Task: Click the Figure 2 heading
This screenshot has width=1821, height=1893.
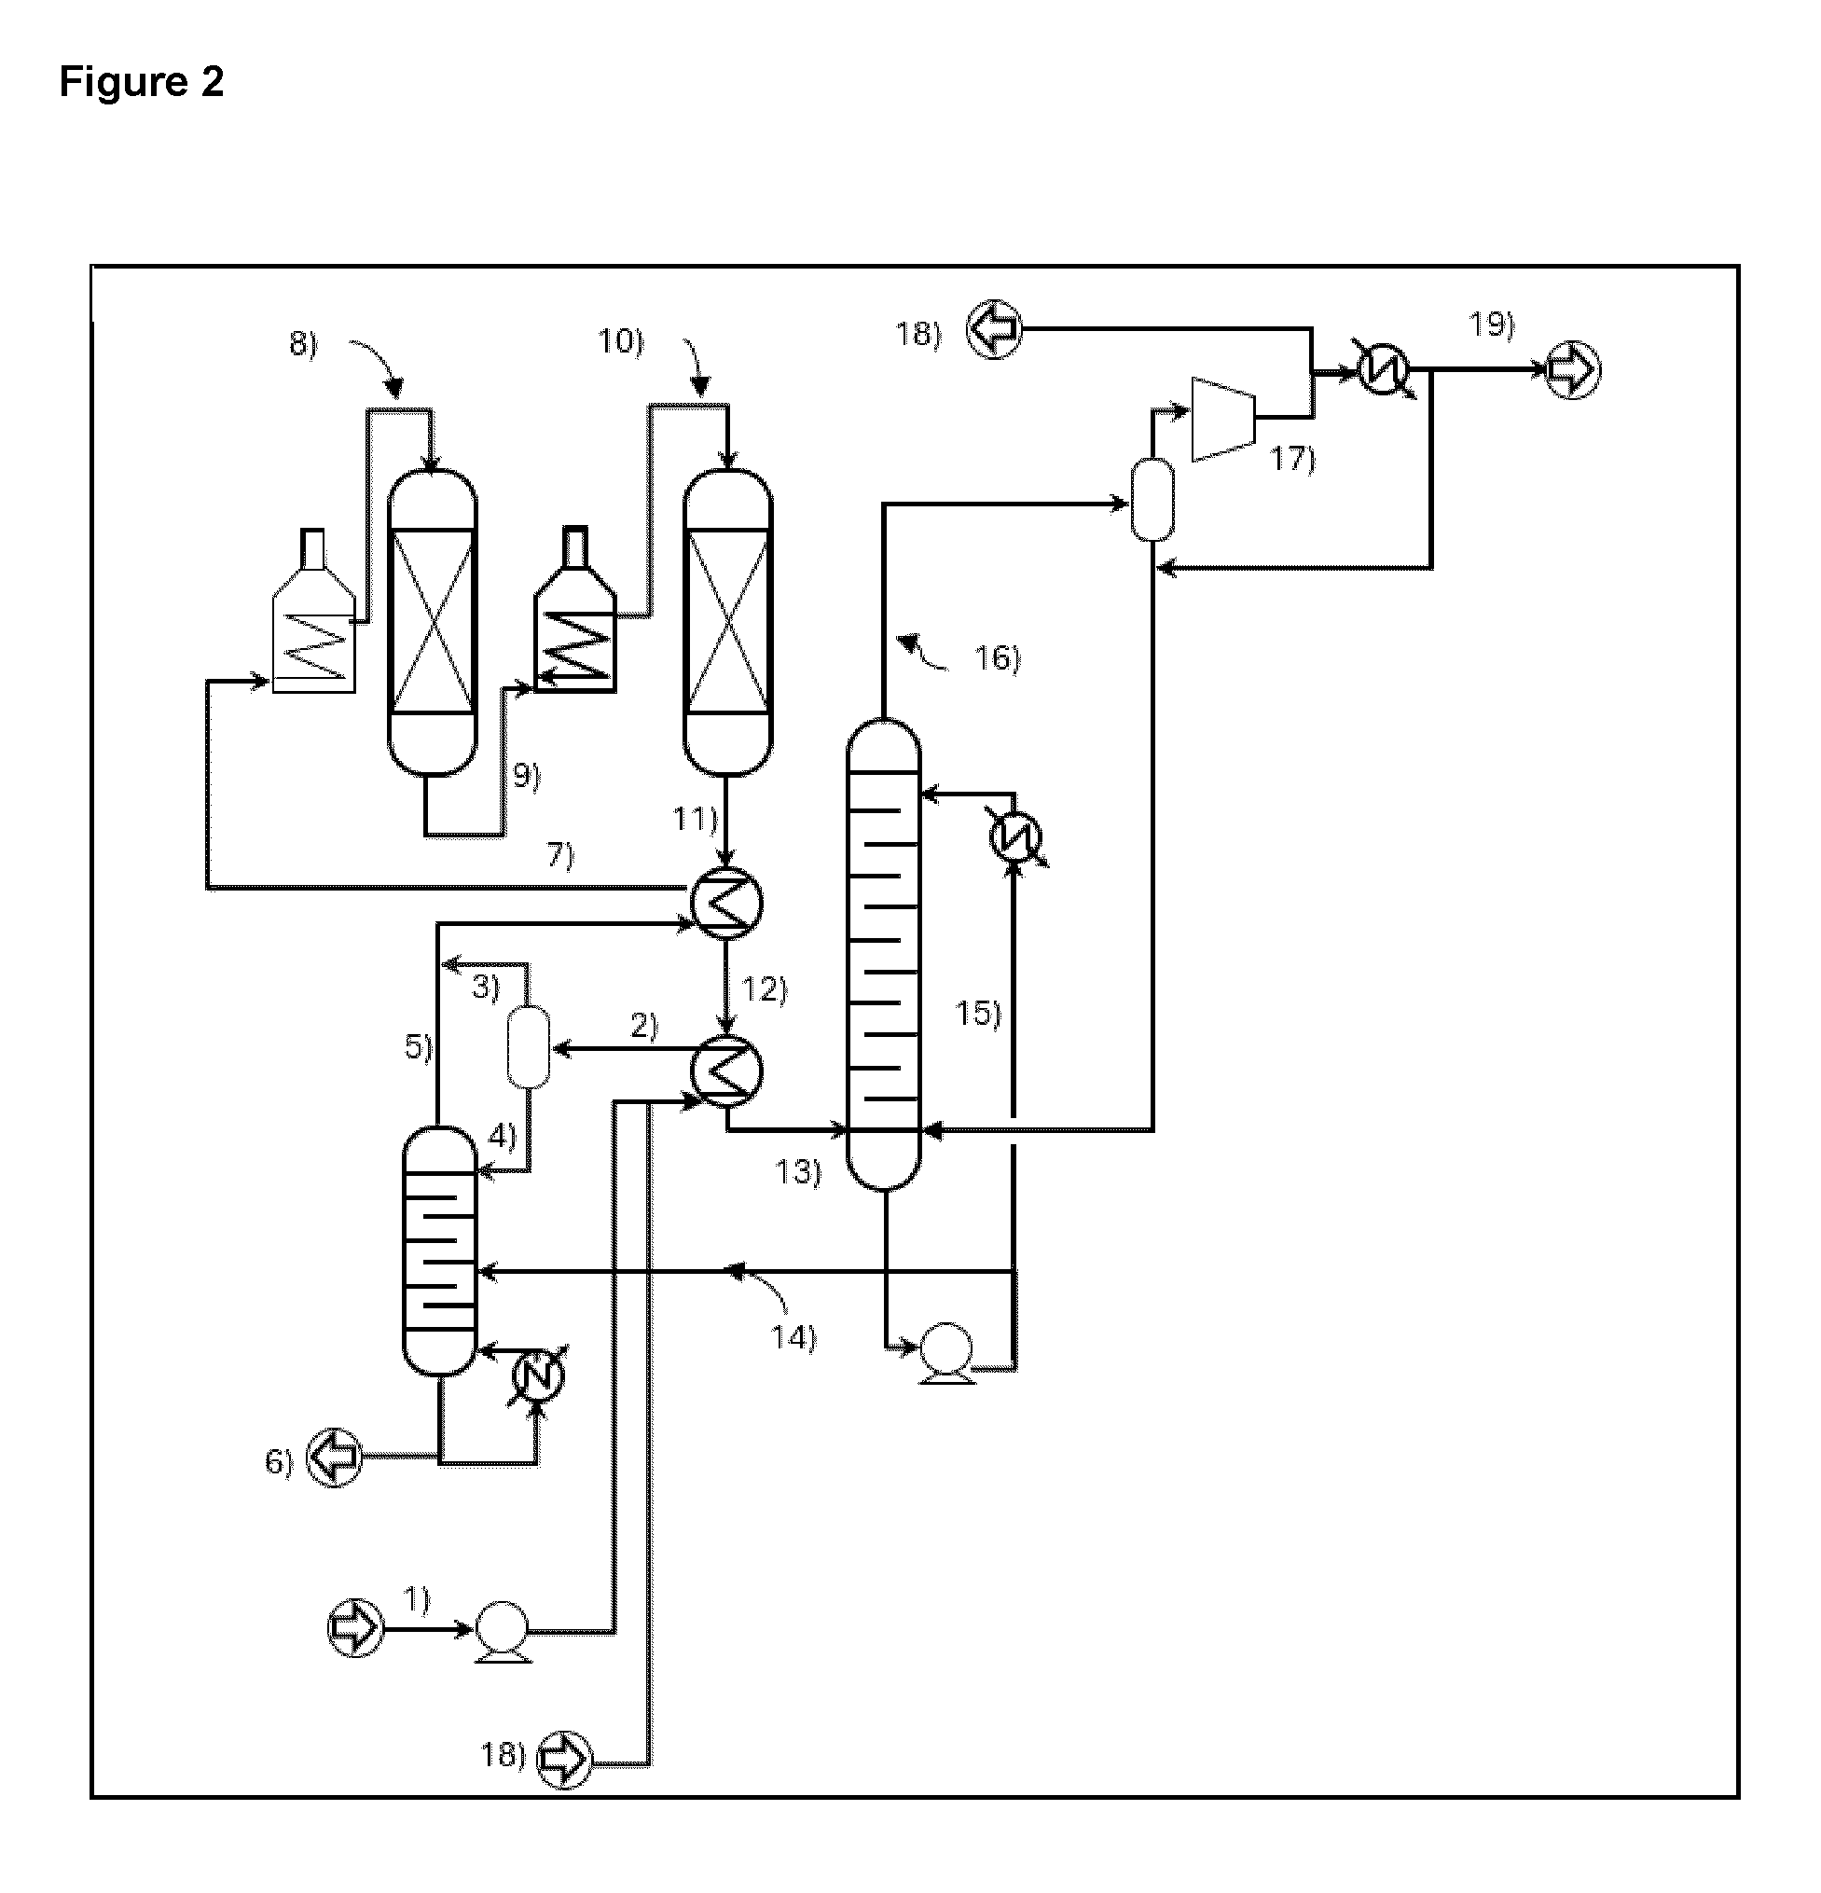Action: tap(141, 82)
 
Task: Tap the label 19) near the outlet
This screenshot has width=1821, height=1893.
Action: tap(1492, 324)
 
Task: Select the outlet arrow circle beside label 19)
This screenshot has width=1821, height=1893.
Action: tap(1573, 370)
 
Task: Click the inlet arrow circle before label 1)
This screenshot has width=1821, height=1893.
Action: tap(356, 1628)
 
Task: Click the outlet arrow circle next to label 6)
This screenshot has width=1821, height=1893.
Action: tap(334, 1458)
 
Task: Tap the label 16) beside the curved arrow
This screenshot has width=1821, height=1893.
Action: tap(998, 658)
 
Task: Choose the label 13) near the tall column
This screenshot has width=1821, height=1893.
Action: tap(797, 1171)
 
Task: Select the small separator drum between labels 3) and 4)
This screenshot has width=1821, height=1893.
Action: tap(528, 1047)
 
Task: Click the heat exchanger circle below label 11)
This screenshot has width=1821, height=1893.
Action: tap(727, 903)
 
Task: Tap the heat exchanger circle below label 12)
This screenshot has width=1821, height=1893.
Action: tap(727, 1071)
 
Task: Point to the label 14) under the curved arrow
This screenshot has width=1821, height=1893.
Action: tap(793, 1337)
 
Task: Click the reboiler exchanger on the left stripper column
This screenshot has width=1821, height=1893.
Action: tap(537, 1375)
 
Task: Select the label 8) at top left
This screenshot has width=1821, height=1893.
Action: tap(303, 345)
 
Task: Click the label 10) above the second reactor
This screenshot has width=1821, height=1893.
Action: tap(621, 341)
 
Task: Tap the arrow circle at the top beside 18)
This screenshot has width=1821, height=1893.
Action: tap(995, 331)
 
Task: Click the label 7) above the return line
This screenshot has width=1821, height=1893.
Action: tap(560, 855)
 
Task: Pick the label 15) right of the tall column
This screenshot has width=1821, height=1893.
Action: tap(978, 1013)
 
